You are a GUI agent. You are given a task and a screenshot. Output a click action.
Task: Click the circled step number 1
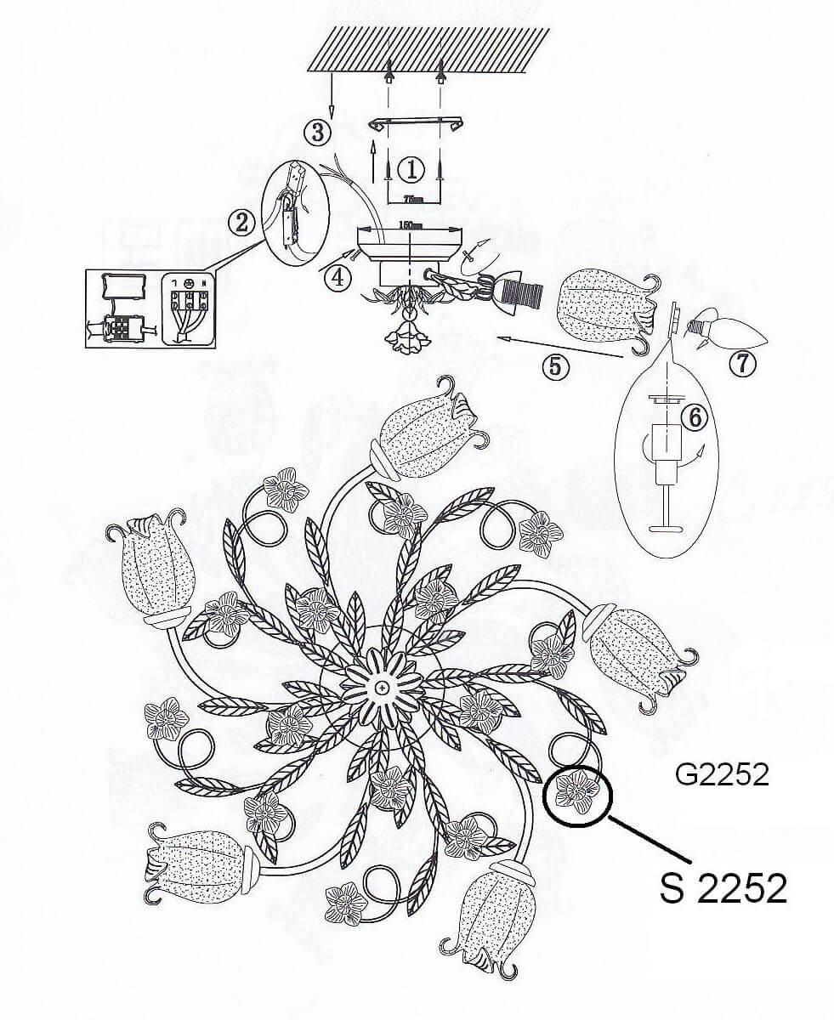pyautogui.click(x=411, y=169)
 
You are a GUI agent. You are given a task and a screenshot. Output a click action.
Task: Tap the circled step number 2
pyautogui.click(x=242, y=223)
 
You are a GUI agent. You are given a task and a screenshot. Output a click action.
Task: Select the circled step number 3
pyautogui.click(x=317, y=132)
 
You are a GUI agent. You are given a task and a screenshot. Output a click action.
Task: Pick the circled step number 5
pyautogui.click(x=555, y=365)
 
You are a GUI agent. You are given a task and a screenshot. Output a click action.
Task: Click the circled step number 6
pyautogui.click(x=694, y=416)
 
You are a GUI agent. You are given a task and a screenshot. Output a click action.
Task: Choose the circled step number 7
pyautogui.click(x=742, y=363)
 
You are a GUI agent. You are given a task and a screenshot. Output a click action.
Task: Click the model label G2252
pyautogui.click(x=722, y=774)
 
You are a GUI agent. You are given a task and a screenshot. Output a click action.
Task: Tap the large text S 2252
pyautogui.click(x=723, y=888)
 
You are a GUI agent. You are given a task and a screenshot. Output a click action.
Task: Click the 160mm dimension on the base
pyautogui.click(x=411, y=224)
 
